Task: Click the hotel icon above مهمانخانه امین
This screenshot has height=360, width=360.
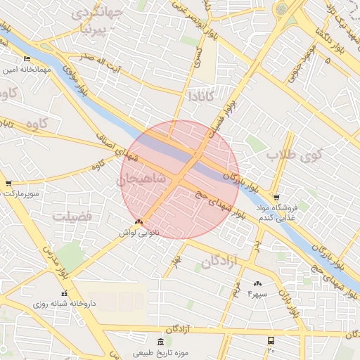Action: tap(27, 58)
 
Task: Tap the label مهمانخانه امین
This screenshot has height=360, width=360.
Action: tap(27, 70)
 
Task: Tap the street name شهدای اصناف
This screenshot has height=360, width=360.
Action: tap(113, 139)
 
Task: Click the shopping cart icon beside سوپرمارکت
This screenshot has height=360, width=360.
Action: tap(8, 184)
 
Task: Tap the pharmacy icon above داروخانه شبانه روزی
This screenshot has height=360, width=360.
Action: tap(64, 293)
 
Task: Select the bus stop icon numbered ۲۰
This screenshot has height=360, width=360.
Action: tap(271, 340)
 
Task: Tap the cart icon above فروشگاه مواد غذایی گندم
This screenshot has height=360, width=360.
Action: tap(276, 198)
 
